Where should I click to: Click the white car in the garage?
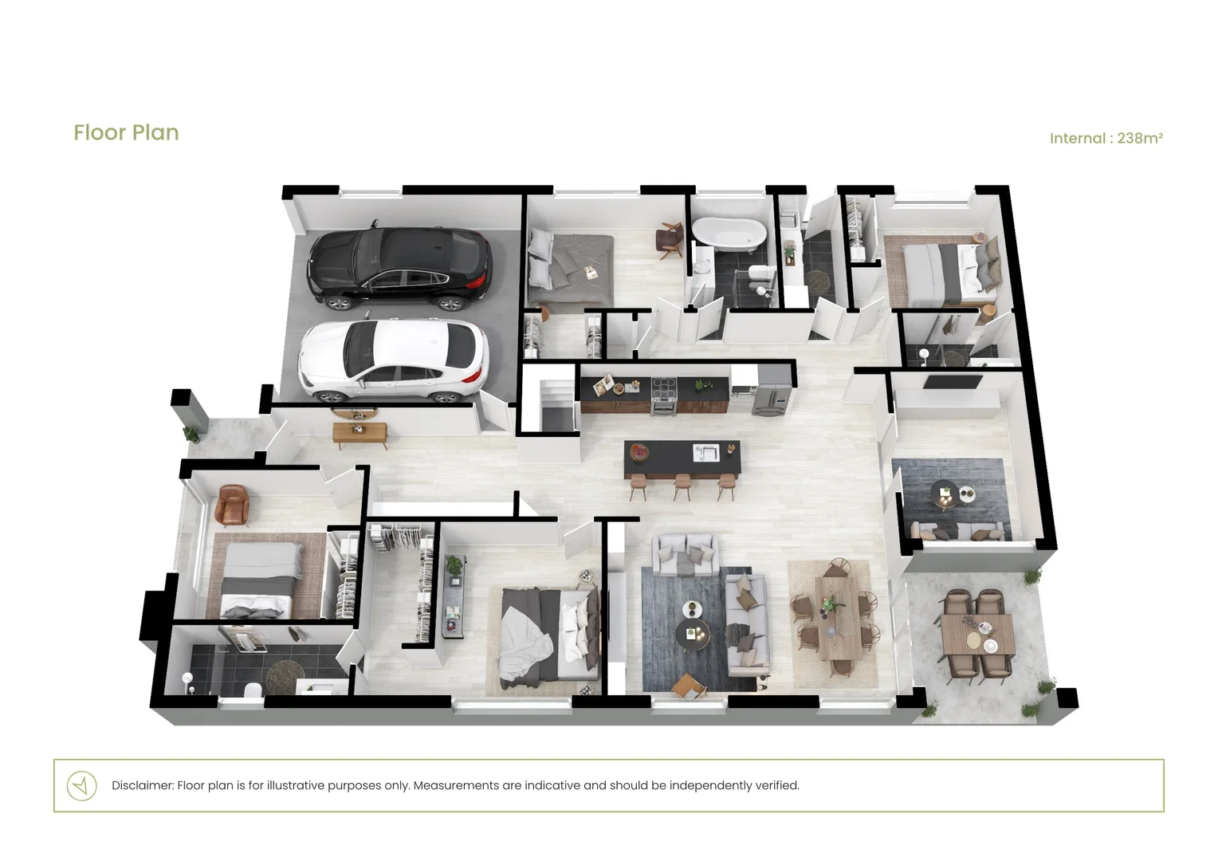393,359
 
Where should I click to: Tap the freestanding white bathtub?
729,234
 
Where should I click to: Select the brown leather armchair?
233,505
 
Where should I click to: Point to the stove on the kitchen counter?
664,395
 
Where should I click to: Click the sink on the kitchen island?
705,453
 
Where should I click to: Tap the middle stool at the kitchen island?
682,486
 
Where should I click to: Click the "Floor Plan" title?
126,132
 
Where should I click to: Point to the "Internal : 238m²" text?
1106,138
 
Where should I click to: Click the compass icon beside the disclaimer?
81,785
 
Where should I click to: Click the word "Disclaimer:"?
143,785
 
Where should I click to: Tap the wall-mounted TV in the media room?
953,382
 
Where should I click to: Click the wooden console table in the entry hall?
360,434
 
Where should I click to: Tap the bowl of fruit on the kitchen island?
639,451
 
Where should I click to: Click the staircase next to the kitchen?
557,403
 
